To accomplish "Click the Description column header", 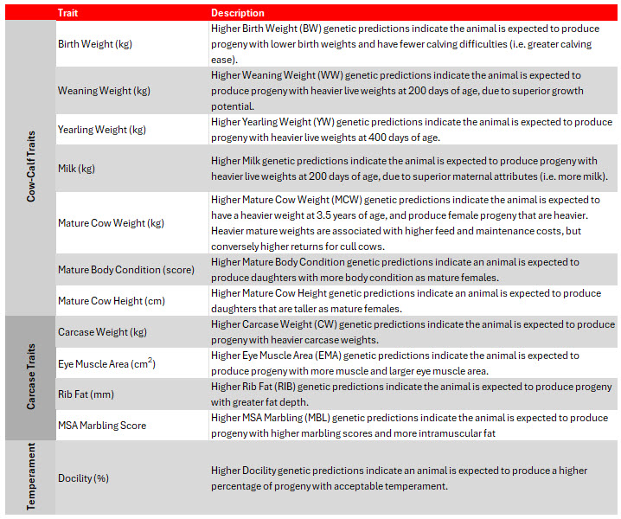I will coord(238,13).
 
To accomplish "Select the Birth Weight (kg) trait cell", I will coord(94,43).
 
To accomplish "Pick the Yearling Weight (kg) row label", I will coord(102,130).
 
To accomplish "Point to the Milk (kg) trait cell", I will coord(77,168).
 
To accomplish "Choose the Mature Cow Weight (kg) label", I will coord(111,222).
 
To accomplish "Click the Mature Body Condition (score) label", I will coord(126,270).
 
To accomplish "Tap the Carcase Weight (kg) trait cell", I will coord(102,332).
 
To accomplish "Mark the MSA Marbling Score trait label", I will coord(102,426).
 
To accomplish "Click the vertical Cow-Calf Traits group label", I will coord(31,167).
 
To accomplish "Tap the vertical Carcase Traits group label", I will coord(31,378).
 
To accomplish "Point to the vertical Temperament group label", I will coord(31,477).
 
